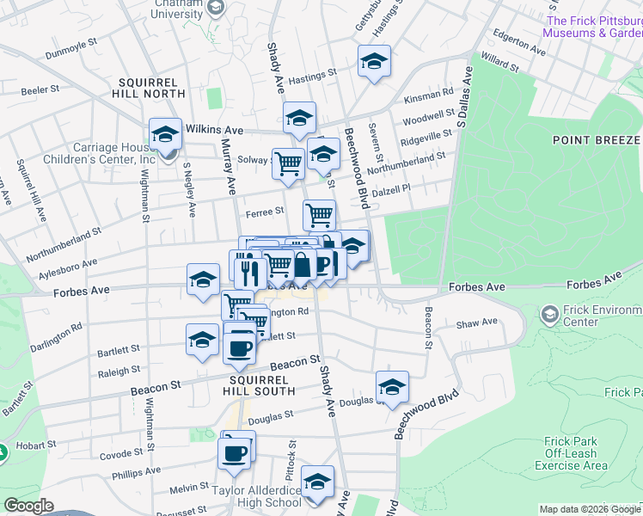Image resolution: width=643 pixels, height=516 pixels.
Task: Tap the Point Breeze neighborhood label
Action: pyautogui.click(x=597, y=139)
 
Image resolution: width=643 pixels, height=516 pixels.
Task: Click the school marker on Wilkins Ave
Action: pyautogui.click(x=165, y=134)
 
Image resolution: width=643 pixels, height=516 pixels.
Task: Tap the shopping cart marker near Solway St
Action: pyautogui.click(x=288, y=163)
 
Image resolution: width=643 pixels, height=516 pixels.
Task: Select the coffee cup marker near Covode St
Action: pyautogui.click(x=235, y=452)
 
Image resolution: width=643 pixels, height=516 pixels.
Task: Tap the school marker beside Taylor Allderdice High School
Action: pyautogui.click(x=317, y=482)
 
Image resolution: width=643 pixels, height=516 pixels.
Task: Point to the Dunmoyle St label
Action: pyautogui.click(x=78, y=52)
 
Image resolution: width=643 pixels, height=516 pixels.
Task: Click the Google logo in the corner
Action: pyautogui.click(x=28, y=506)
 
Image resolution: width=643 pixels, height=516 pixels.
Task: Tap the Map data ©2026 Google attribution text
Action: pyautogui.click(x=589, y=509)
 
